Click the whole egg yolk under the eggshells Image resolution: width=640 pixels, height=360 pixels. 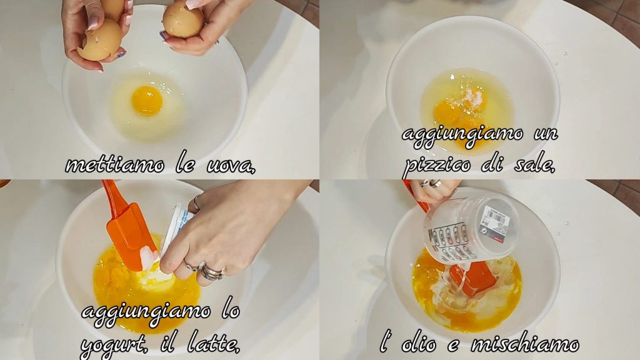[147, 101]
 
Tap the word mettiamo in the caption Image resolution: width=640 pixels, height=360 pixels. [115, 165]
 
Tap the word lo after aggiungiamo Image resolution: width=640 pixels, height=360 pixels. [230, 311]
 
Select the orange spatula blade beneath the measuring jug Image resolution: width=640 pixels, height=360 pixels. [474, 279]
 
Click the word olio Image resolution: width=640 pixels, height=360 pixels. [419, 344]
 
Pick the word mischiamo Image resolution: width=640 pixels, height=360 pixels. [525, 344]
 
